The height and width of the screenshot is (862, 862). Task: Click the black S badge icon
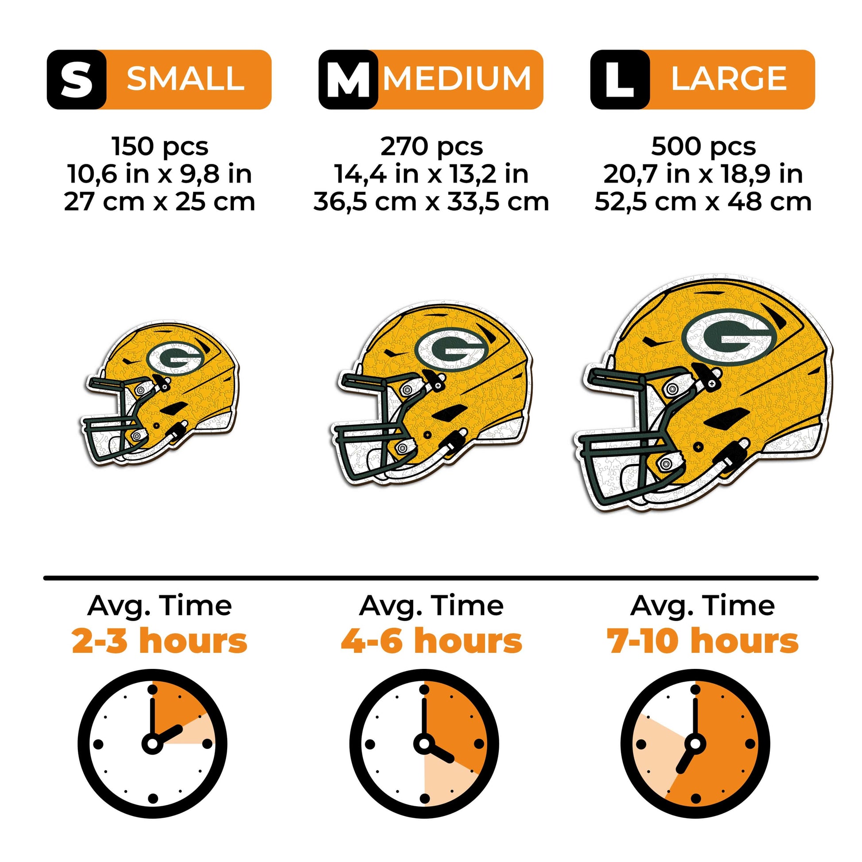tap(76, 79)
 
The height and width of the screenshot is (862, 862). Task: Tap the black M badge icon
tap(348, 79)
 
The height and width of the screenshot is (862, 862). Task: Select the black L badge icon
tap(620, 79)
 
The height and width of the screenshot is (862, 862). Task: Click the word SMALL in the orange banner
tap(186, 79)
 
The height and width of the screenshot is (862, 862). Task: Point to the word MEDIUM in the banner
tap(457, 79)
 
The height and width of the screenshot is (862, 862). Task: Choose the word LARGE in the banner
tap(729, 79)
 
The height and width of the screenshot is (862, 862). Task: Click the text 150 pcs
tap(160, 146)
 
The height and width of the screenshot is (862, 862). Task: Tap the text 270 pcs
tap(431, 146)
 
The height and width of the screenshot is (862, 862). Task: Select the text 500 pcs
tap(703, 146)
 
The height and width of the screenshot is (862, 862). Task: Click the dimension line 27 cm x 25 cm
tap(159, 202)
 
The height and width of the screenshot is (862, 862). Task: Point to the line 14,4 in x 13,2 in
tap(431, 174)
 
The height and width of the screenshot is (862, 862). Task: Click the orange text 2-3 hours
tap(159, 641)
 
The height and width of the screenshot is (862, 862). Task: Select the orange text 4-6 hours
tap(431, 641)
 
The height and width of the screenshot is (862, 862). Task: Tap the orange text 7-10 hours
tap(703, 641)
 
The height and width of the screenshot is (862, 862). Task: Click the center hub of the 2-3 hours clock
tap(152, 744)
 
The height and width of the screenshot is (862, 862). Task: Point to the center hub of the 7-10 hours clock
tap(695, 744)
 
